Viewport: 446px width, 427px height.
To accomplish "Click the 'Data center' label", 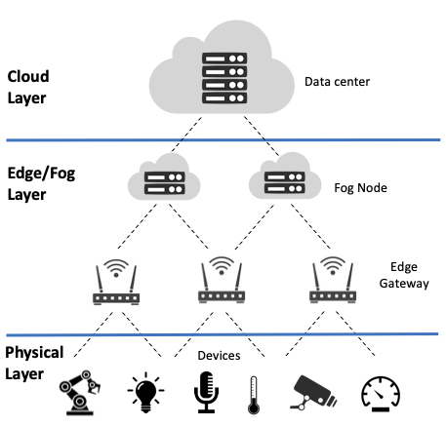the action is (337, 82).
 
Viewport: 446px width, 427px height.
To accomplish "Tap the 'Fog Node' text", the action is (360, 188).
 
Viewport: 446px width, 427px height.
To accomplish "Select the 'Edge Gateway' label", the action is (404, 275).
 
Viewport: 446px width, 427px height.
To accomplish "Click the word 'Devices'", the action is (219, 356).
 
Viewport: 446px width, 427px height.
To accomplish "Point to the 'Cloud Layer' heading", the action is (28, 87).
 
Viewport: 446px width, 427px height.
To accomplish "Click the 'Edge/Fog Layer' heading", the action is (41, 183).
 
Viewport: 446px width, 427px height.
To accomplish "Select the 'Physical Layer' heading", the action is (34, 363).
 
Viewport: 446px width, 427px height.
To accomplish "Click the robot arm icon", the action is (80, 393).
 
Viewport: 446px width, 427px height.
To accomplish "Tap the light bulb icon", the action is (145, 393).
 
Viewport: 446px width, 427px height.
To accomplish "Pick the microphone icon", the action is (206, 393).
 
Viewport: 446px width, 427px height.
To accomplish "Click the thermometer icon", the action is (254, 395).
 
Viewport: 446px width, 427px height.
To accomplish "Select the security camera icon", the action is (313, 393).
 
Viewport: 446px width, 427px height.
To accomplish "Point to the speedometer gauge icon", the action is (381, 394).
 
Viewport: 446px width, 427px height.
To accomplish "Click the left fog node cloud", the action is (164, 177).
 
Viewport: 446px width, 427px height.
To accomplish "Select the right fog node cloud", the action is (285, 176).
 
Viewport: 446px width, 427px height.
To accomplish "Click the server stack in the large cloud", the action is (224, 78).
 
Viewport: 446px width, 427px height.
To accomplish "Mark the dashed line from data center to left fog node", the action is (186, 135).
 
